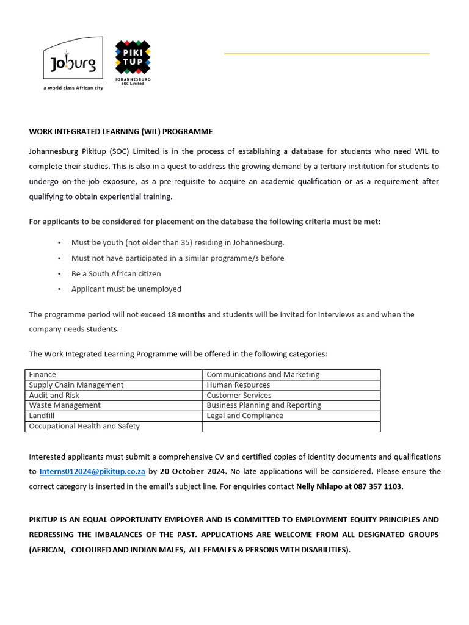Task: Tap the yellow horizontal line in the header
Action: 326,54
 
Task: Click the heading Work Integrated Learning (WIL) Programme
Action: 121,131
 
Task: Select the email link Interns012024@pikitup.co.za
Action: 92,472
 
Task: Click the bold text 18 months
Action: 186,314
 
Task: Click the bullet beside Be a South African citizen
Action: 59,274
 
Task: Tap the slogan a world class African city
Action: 73,88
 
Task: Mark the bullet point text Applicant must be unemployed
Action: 126,289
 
